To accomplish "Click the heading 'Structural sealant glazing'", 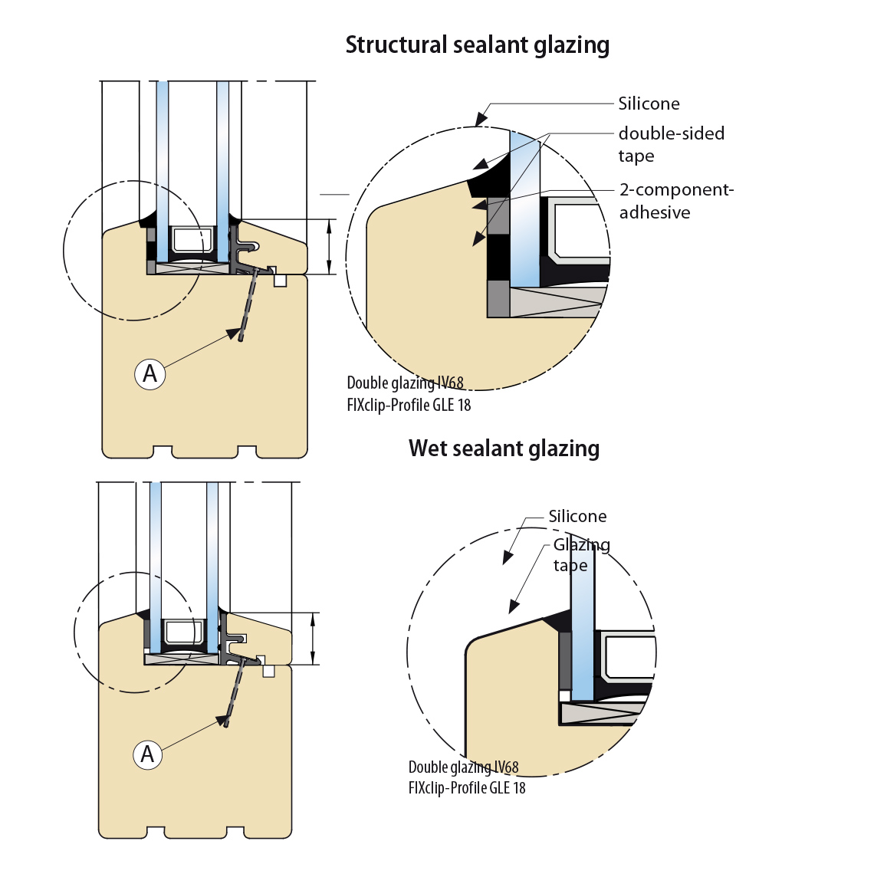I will click(477, 45).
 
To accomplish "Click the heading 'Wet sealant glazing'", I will click(504, 449).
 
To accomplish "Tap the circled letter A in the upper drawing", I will click(150, 374).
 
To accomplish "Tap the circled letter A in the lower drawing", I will click(148, 755).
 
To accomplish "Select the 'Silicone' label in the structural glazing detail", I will click(649, 104).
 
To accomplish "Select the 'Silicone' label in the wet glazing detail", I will click(577, 517).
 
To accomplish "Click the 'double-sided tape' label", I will click(671, 144).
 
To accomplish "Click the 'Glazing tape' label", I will click(581, 555).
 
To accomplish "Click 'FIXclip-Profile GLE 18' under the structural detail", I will click(409, 405).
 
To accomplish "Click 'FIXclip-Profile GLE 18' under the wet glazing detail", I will click(467, 788).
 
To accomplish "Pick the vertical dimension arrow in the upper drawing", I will click(329, 247).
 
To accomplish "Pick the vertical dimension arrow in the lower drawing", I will click(313, 639).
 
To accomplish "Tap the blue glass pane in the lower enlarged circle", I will click(583, 629).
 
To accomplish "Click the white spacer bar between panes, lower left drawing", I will click(184, 632).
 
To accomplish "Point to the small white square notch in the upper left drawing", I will click(281, 281).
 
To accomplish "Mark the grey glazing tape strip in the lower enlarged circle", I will click(565, 660).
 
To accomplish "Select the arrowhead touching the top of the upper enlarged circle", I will click(481, 119).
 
